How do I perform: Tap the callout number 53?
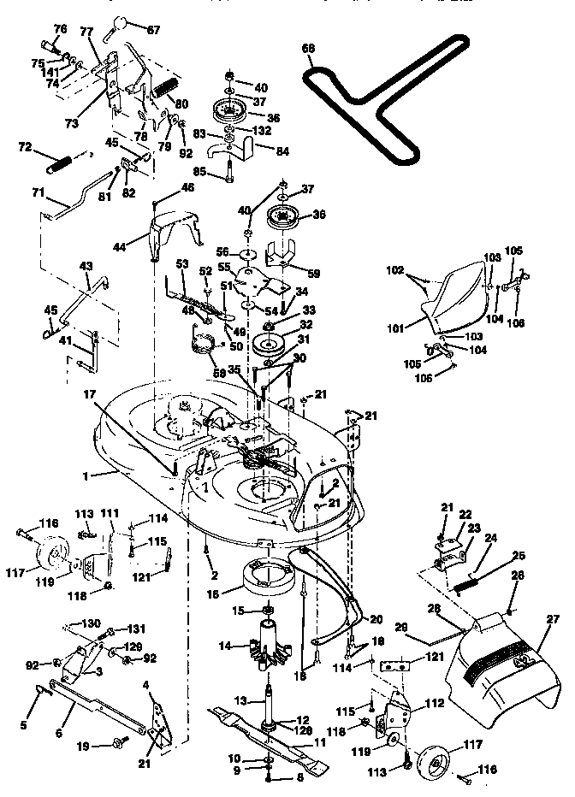(x=182, y=264)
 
